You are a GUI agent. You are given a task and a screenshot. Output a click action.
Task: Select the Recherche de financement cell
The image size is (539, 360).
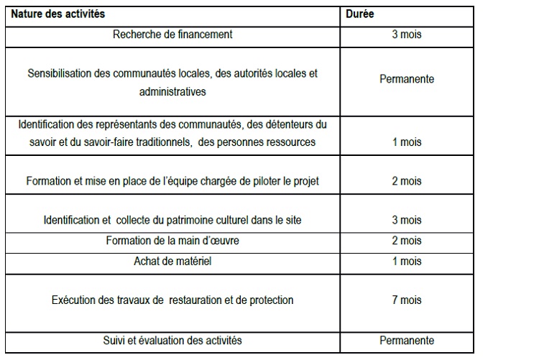pyautogui.click(x=172, y=34)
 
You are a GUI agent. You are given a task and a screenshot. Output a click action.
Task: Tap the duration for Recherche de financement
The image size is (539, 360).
pyautogui.click(x=406, y=34)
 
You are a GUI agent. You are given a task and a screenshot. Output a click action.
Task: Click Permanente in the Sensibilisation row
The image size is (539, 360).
pyautogui.click(x=406, y=79)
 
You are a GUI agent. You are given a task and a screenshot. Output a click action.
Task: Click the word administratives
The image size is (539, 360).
pyautogui.click(x=172, y=91)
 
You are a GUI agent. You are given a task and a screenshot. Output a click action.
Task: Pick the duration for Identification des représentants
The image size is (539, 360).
pyautogui.click(x=406, y=142)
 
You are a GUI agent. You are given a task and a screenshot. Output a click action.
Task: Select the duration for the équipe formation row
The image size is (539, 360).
pyautogui.click(x=406, y=181)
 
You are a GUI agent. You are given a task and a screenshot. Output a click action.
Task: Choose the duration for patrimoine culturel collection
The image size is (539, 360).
pyautogui.click(x=406, y=220)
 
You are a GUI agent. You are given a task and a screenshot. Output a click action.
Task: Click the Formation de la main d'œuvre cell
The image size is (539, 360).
pyautogui.click(x=172, y=241)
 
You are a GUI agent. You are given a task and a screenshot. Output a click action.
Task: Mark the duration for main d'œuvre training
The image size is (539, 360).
pyautogui.click(x=406, y=241)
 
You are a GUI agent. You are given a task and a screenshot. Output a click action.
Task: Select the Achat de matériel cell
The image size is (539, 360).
pyautogui.click(x=172, y=261)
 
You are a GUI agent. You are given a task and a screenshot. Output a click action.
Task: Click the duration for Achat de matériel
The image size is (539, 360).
pyautogui.click(x=406, y=261)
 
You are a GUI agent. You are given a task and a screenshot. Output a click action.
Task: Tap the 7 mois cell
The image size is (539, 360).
pyautogui.click(x=406, y=300)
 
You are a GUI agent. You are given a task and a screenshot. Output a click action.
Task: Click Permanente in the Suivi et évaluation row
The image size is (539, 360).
pyautogui.click(x=406, y=340)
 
